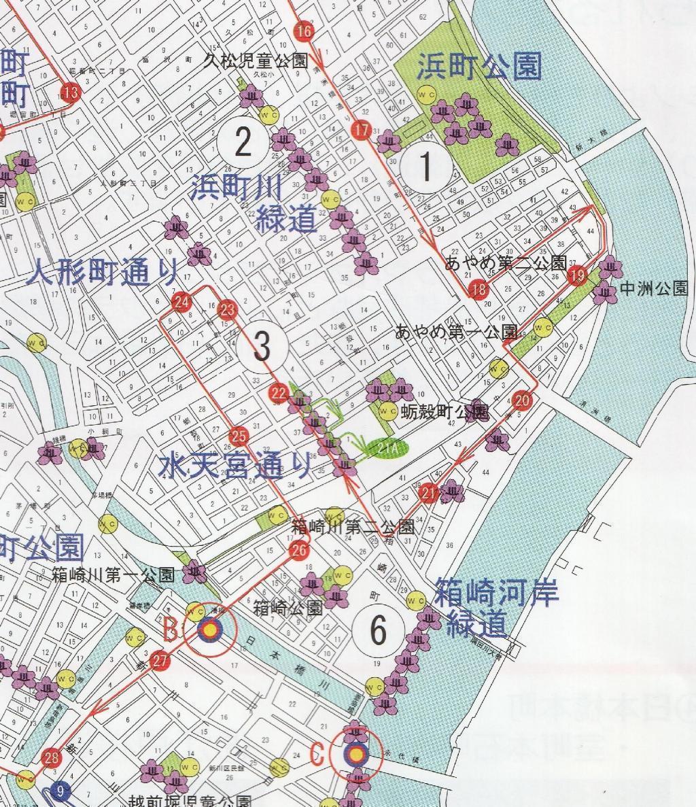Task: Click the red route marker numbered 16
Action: [x=304, y=31]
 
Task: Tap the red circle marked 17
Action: [x=362, y=130]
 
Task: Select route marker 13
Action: [x=70, y=91]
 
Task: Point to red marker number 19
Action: [x=578, y=275]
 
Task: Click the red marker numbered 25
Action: [x=239, y=436]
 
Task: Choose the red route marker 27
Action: [x=160, y=660]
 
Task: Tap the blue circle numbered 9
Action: [x=61, y=790]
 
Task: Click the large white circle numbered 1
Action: [x=425, y=166]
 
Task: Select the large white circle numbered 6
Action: [x=378, y=630]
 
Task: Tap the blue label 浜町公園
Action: [x=478, y=67]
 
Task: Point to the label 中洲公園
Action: [x=654, y=290]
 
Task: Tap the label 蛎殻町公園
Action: [x=445, y=412]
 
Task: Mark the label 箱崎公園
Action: [x=288, y=607]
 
